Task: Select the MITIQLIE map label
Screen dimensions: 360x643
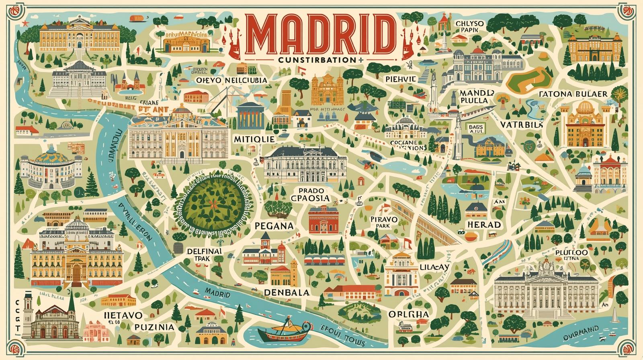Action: pyautogui.click(x=254, y=139)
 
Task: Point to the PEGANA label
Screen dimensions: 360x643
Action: pyautogui.click(x=274, y=226)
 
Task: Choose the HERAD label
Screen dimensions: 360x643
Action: pyautogui.click(x=483, y=225)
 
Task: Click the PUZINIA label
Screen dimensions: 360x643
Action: pyautogui.click(x=155, y=327)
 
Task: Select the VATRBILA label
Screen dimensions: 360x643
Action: pyautogui.click(x=522, y=124)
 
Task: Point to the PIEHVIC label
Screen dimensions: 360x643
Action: pyautogui.click(x=400, y=79)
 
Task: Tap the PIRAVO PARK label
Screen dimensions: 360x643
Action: pyautogui.click(x=384, y=223)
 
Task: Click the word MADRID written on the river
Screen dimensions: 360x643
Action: pyautogui.click(x=217, y=293)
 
